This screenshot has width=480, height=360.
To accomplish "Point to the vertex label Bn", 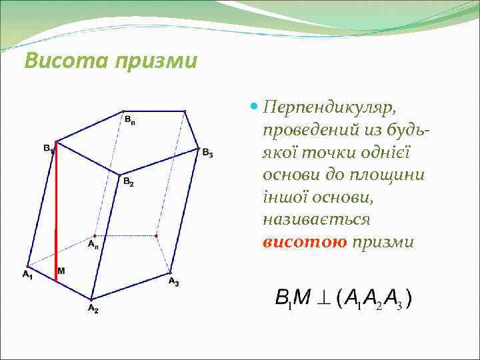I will tap(130, 120).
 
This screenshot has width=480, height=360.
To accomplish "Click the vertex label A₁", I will tap(27, 275).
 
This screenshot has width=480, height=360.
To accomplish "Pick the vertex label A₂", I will tap(93, 309).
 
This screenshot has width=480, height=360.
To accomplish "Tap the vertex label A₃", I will tap(173, 282).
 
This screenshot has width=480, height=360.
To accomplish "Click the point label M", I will tap(61, 271).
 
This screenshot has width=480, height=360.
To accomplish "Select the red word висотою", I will tap(305, 242).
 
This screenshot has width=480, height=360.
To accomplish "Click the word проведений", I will tap(309, 129).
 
